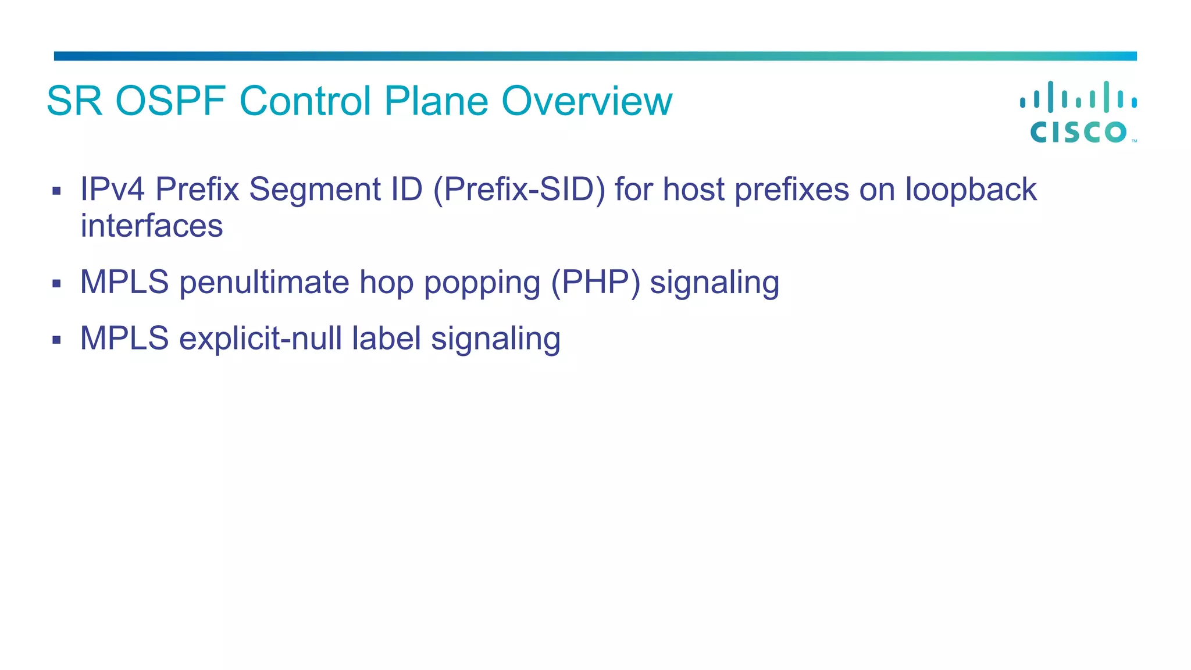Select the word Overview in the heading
(587, 101)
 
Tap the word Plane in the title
(436, 101)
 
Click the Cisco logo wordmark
(1078, 132)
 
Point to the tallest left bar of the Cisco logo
(1050, 97)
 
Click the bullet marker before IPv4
(56, 191)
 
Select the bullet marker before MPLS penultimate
(56, 284)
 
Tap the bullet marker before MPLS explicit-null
(56, 340)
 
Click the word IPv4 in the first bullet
(112, 190)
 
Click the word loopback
(971, 190)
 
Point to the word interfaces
(151, 226)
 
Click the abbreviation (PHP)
(595, 283)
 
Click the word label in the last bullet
(386, 338)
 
